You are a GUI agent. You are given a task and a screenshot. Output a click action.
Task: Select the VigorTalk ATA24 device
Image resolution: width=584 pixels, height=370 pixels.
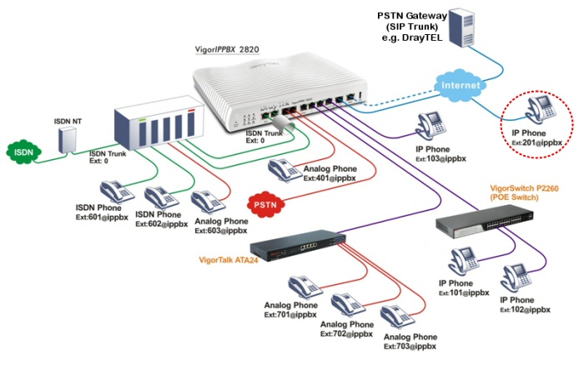coord(299,241)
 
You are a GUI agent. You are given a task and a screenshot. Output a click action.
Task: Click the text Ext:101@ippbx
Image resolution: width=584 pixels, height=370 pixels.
coord(463,292)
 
